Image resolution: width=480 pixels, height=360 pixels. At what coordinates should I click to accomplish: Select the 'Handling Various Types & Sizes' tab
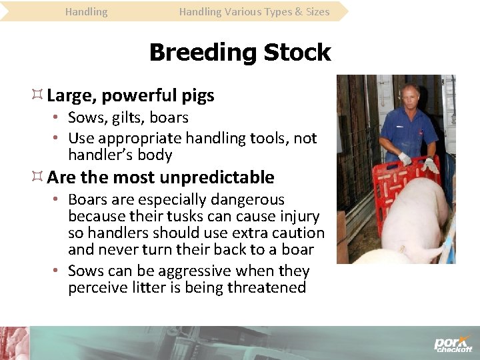(254, 11)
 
